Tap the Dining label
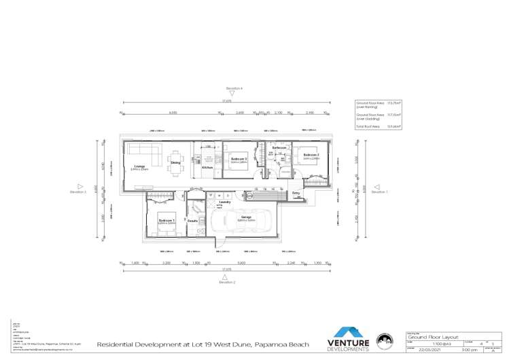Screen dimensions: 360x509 (x=175, y=162)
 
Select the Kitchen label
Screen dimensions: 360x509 (x=207, y=167)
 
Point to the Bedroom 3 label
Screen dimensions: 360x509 (x=236, y=160)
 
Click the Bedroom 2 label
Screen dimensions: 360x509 (x=311, y=156)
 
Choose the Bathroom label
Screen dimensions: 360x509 (x=279, y=147)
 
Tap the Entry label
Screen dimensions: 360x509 (x=296, y=194)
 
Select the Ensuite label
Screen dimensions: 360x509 (x=193, y=221)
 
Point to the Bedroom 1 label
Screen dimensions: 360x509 (x=166, y=221)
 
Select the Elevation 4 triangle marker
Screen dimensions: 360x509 (x=234, y=94)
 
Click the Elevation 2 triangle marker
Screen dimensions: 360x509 (x=225, y=276)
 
